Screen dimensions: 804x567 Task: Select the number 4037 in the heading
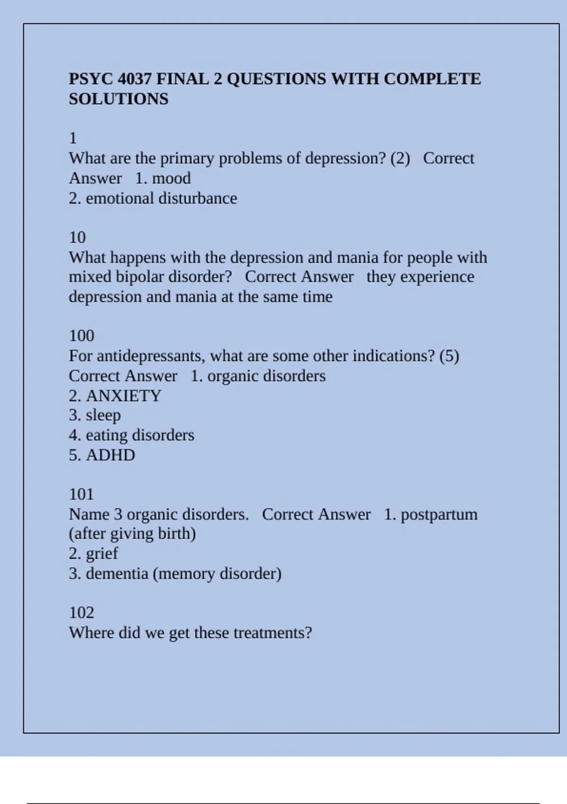[134, 79]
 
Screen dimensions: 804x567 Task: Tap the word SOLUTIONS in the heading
[119, 99]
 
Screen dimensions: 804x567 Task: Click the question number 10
[77, 237]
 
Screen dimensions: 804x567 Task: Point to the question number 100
[81, 336]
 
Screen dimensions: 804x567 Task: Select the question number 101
[81, 494]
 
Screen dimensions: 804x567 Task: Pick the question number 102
[81, 612]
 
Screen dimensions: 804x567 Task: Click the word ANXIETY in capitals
[123, 396]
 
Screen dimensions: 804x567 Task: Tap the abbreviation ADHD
[111, 455]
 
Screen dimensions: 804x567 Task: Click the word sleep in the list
[103, 415]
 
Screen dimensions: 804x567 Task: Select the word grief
[102, 553]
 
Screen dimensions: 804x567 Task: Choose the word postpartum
[439, 515]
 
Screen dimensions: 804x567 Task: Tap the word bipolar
[140, 277]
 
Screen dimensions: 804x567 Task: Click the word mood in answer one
[171, 178]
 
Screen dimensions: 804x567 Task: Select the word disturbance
[198, 198]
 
